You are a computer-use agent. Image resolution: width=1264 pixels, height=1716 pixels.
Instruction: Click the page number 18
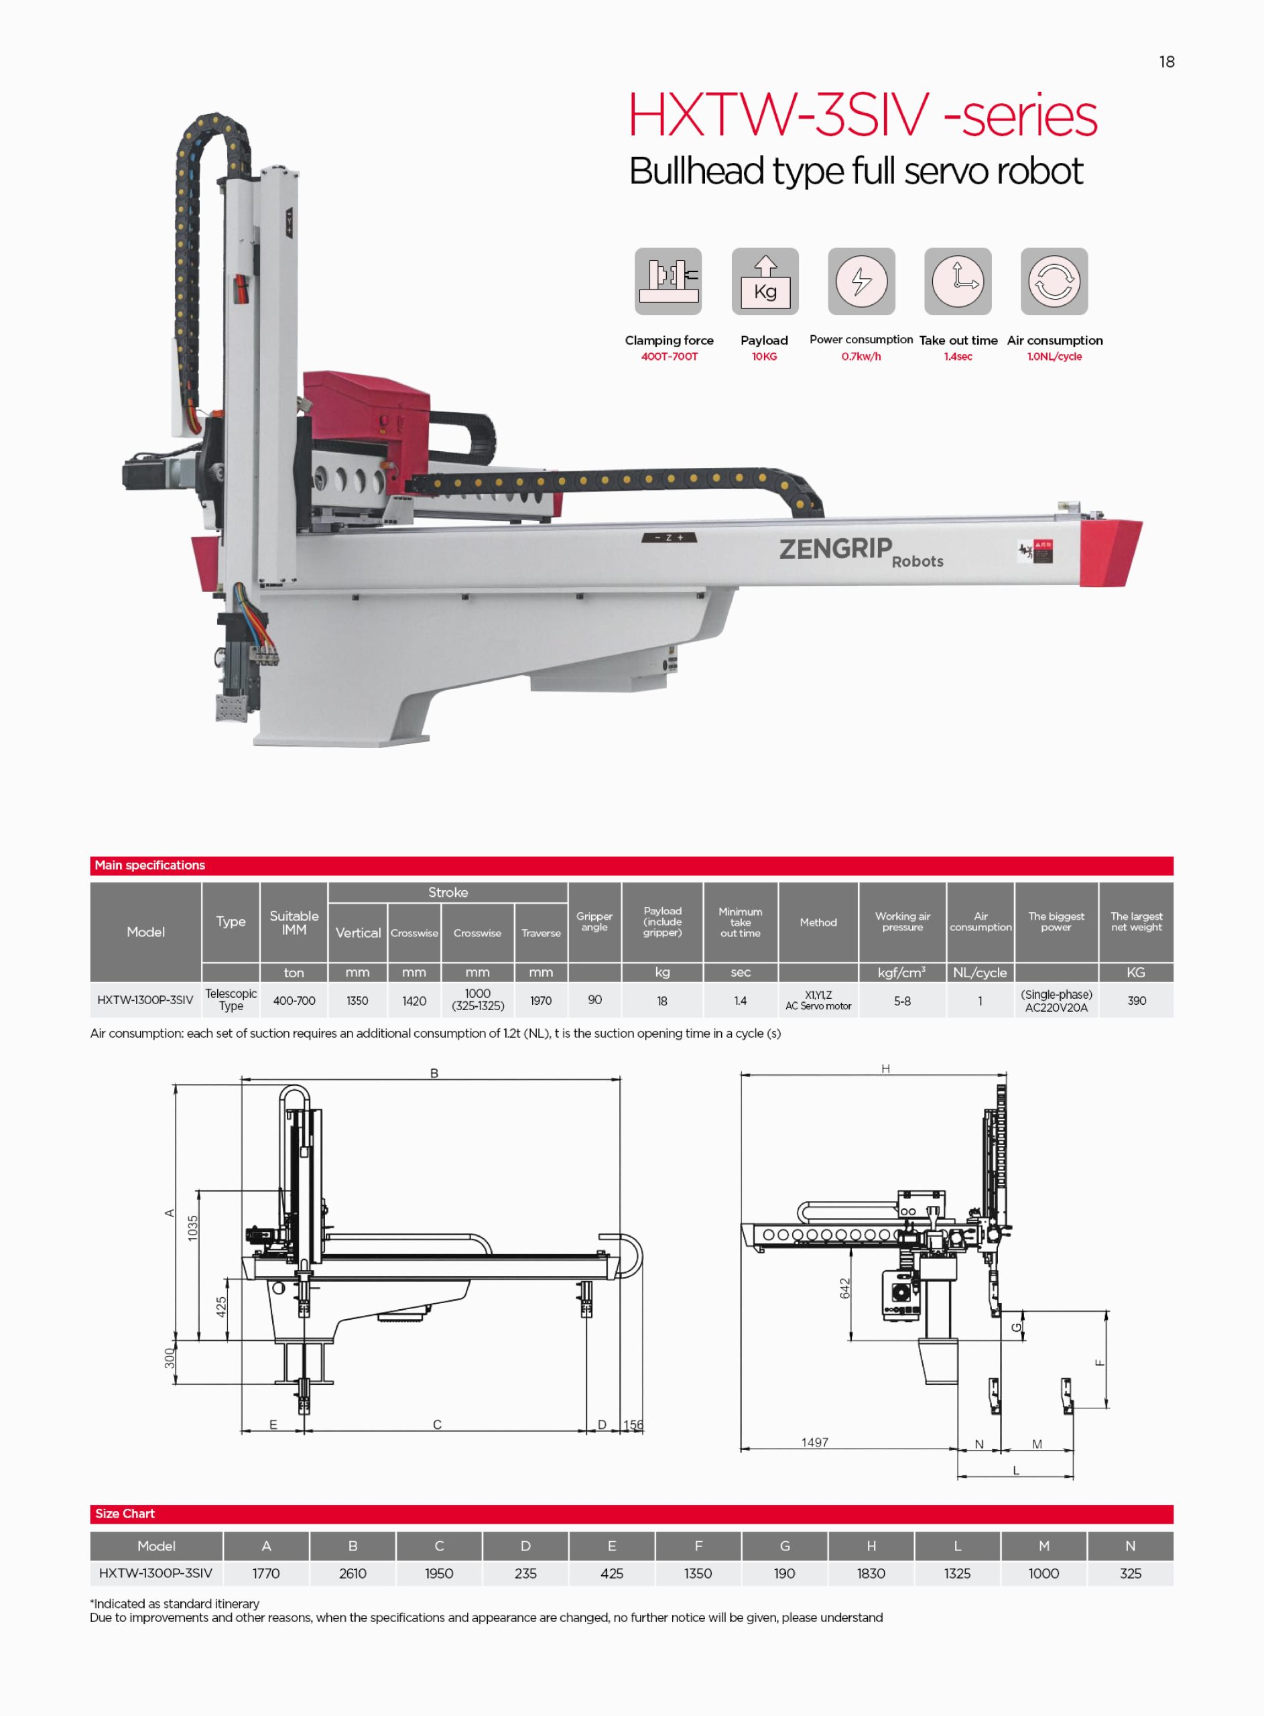(x=1166, y=62)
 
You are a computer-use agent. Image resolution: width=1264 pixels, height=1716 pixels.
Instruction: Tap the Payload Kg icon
(x=765, y=281)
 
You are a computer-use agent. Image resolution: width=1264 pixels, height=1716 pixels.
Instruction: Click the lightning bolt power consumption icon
(x=861, y=281)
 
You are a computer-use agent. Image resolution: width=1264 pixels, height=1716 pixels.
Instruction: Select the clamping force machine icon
(x=668, y=281)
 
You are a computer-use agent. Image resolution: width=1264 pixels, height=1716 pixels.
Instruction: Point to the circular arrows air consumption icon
(x=1054, y=281)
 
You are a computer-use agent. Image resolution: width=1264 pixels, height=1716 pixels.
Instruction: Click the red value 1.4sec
(x=958, y=357)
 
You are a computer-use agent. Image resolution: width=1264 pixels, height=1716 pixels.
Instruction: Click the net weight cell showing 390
(x=1136, y=1000)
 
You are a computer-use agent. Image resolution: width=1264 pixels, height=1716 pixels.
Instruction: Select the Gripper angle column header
(x=594, y=921)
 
